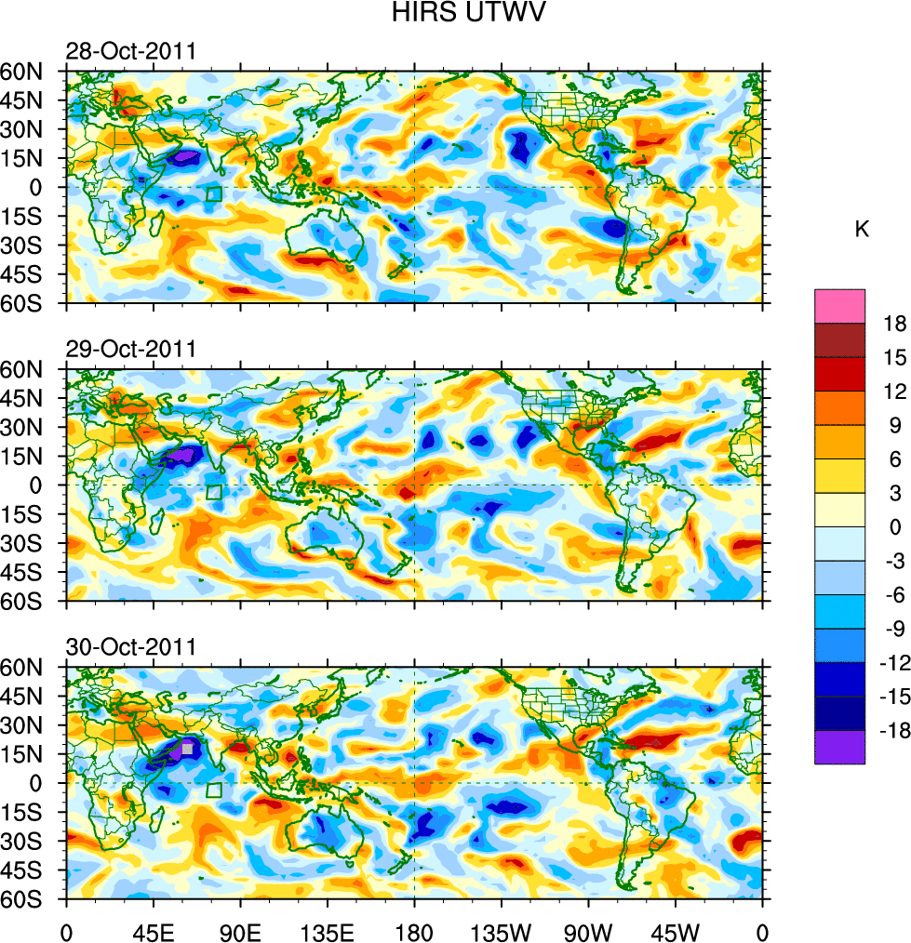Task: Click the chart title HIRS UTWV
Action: [456, 13]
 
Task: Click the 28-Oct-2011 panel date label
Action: [130, 51]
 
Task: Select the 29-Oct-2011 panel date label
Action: [130, 349]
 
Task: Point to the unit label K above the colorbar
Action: [862, 229]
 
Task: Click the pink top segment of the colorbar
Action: [839, 305]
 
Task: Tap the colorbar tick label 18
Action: [894, 323]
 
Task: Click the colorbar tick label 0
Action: [894, 526]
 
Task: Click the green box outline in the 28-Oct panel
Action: [214, 193]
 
